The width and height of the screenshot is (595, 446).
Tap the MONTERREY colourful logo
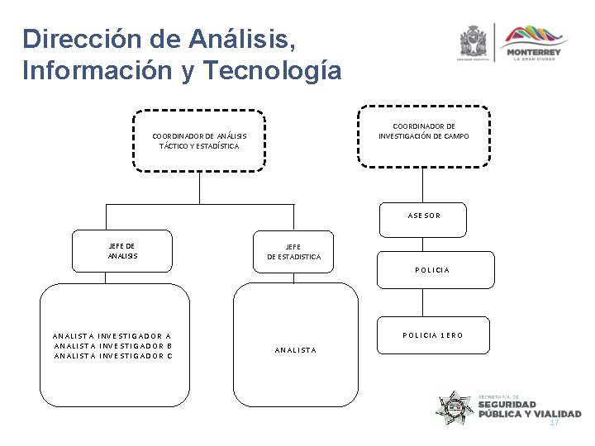pyautogui.click(x=533, y=43)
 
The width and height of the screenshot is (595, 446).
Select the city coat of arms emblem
pyautogui.click(x=474, y=42)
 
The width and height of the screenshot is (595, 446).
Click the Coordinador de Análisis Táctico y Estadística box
pyautogui.click(x=199, y=140)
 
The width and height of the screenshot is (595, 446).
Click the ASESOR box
pyautogui.click(x=423, y=216)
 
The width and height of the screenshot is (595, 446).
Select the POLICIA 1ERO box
pyautogui.click(x=432, y=335)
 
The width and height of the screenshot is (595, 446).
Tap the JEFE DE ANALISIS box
pyautogui.click(x=122, y=251)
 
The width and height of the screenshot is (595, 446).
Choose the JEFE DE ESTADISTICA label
pyautogui.click(x=293, y=252)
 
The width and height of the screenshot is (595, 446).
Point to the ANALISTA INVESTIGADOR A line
pyautogui.click(x=112, y=336)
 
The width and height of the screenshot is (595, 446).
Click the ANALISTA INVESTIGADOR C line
pyautogui.click(x=112, y=356)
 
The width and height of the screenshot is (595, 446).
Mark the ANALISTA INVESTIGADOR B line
pyautogui.click(x=112, y=346)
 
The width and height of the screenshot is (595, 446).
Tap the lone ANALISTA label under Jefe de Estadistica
pyautogui.click(x=295, y=350)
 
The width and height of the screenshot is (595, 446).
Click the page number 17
pyautogui.click(x=555, y=422)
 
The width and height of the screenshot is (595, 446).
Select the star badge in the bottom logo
pyautogui.click(x=455, y=406)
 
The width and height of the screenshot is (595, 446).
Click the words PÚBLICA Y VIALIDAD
pyautogui.click(x=529, y=415)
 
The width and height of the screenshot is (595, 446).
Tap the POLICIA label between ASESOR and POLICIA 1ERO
pyautogui.click(x=432, y=270)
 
